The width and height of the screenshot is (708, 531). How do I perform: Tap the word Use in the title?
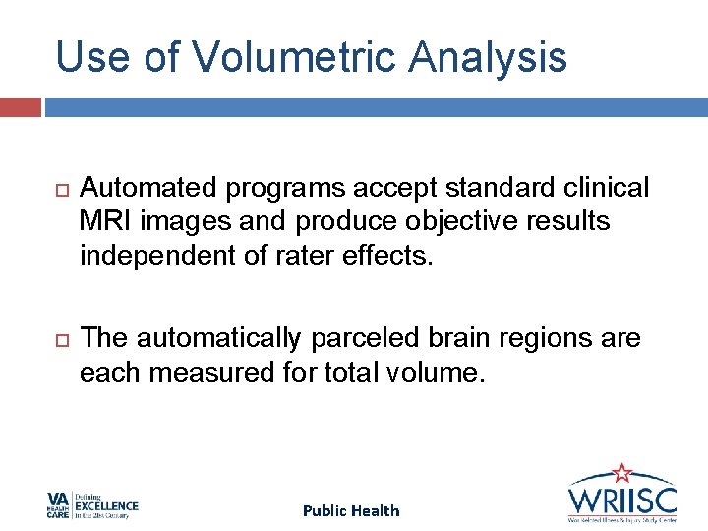point(93,57)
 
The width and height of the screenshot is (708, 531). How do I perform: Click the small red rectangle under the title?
point(20,107)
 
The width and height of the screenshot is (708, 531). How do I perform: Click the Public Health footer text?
point(351,510)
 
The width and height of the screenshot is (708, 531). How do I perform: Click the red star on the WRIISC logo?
point(621,474)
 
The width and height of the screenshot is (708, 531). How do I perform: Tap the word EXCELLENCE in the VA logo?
point(107,506)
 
